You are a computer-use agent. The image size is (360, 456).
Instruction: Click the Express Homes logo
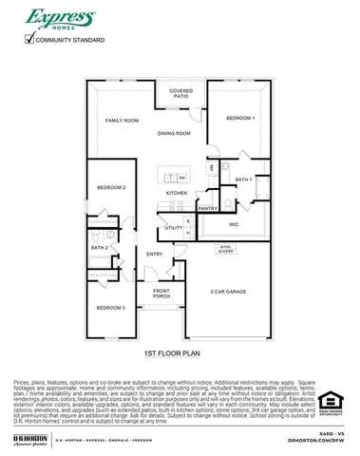pos(59,20)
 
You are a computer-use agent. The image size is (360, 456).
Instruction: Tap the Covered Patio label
pos(180,94)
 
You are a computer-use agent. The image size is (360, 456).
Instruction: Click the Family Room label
pos(123,121)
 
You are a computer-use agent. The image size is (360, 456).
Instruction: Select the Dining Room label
pos(174,134)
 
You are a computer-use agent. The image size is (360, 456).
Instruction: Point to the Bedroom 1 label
pos(240,117)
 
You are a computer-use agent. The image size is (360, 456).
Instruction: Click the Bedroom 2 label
pos(112,187)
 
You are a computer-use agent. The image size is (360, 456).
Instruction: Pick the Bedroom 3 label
pos(111,308)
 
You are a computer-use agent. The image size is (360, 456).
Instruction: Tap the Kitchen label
pos(177,193)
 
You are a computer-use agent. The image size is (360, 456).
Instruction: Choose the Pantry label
pos(209,208)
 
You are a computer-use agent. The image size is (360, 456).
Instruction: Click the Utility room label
pos(173,228)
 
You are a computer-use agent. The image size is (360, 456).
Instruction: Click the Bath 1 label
pos(243,179)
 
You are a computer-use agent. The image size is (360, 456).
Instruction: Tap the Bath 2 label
pos(100,248)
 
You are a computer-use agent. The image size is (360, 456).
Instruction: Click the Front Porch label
pos(161,293)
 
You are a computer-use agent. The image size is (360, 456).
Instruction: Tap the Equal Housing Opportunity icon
pos(329,402)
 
